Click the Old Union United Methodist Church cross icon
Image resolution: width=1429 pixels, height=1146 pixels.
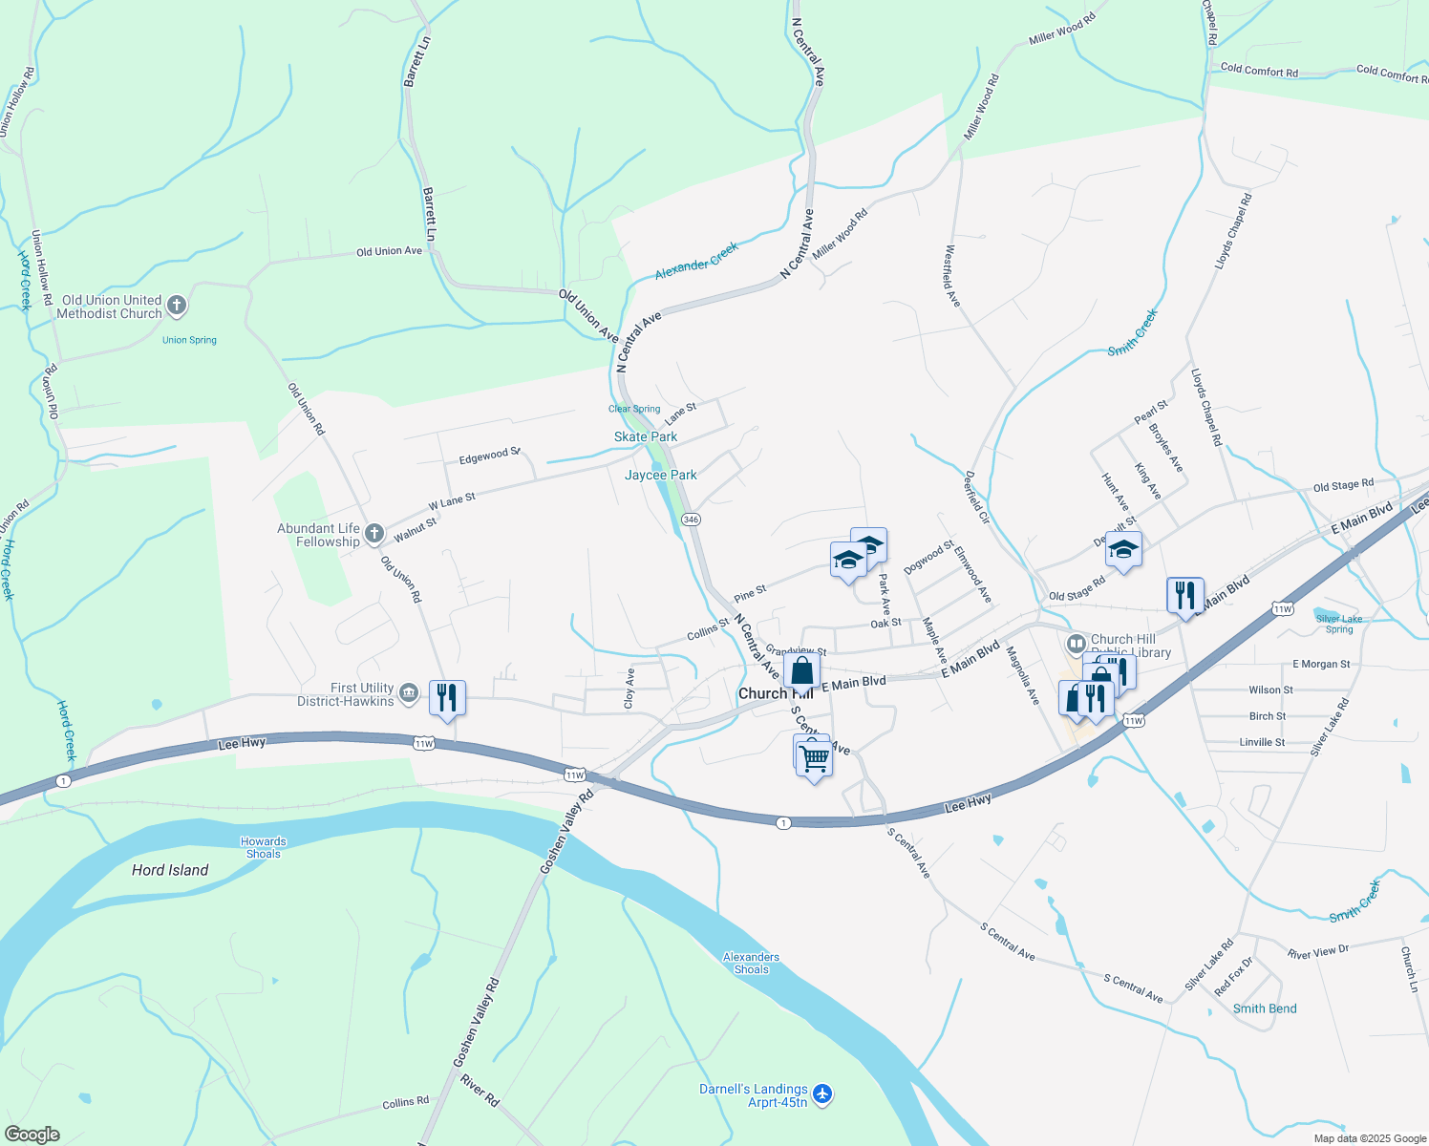coord(177,307)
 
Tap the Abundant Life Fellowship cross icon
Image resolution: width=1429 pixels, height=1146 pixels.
coord(374,534)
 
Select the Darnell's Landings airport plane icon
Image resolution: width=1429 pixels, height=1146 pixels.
coord(823,1093)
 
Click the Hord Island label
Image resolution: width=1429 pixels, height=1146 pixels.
coord(170,870)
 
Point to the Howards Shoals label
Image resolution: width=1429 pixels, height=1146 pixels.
coord(264,848)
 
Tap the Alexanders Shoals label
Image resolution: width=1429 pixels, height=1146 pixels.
coord(751,963)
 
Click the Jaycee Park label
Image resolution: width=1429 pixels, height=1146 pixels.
coord(661,475)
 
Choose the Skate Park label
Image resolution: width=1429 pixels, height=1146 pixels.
coord(646,436)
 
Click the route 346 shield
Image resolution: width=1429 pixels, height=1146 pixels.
coord(692,520)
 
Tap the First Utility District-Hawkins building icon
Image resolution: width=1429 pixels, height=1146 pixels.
coord(409,692)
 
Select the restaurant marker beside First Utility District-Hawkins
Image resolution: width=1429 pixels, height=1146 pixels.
coord(446,698)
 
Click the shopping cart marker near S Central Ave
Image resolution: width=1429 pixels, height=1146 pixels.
coord(814,759)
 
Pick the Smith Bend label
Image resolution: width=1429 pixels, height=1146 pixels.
coord(1265,1008)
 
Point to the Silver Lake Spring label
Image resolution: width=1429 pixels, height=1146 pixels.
coord(1339,624)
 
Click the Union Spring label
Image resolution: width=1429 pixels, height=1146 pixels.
coord(189,340)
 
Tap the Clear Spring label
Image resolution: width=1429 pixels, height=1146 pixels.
coord(634,409)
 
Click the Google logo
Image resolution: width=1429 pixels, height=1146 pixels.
coord(32,1134)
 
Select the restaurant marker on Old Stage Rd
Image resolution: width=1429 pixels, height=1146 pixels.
coord(1184,596)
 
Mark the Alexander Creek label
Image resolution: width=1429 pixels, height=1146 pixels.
coord(696,261)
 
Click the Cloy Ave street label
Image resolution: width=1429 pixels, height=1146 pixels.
coord(629,688)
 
